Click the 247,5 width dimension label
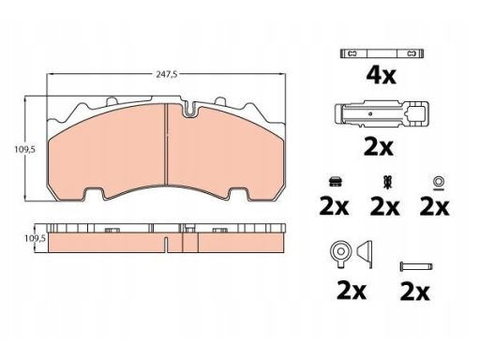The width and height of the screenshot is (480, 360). point(167,75)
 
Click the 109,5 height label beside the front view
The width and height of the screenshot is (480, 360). point(25,149)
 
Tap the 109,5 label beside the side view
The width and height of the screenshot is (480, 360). point(35,238)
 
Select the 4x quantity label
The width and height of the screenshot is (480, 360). point(381,75)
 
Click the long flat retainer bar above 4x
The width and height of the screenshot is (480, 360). point(382,53)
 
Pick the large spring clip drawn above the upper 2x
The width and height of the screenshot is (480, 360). point(382,114)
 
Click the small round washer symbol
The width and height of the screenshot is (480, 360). point(438,181)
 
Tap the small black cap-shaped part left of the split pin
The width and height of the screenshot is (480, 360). point(336,182)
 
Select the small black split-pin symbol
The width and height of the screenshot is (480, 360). point(388,183)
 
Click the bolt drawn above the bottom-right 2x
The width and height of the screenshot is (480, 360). point(416,267)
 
